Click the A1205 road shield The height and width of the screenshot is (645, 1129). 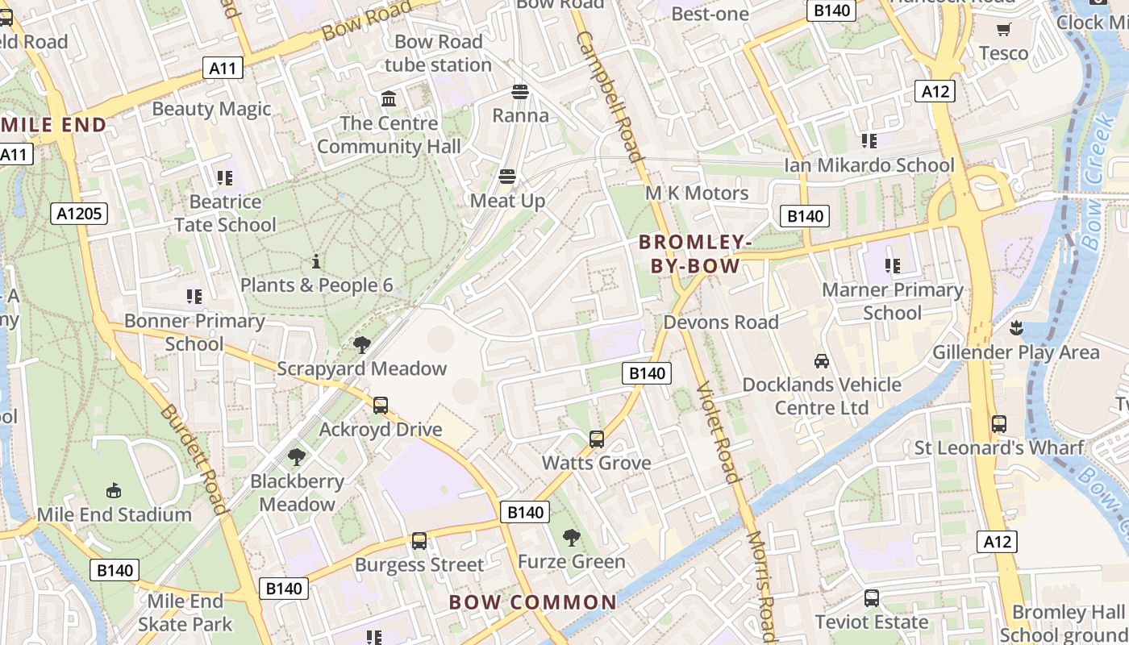pyautogui.click(x=79, y=214)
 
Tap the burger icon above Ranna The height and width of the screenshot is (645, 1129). pyautogui.click(x=520, y=92)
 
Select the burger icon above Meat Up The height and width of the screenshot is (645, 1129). pyautogui.click(x=507, y=177)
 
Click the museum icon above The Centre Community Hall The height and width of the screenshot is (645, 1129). pyautogui.click(x=389, y=99)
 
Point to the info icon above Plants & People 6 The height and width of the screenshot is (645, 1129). pyautogui.click(x=316, y=261)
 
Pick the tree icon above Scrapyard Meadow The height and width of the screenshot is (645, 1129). pyautogui.click(x=361, y=345)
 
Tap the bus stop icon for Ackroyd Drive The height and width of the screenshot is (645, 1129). pyautogui.click(x=381, y=406)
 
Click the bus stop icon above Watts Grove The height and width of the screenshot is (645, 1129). pyautogui.click(x=597, y=439)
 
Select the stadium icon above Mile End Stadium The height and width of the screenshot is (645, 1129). pyautogui.click(x=114, y=491)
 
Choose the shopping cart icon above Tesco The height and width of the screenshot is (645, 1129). pyautogui.click(x=1003, y=30)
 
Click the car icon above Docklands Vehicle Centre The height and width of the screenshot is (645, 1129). pyautogui.click(x=822, y=361)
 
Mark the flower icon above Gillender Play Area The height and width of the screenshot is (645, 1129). pyautogui.click(x=1016, y=328)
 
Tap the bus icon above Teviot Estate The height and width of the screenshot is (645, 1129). pyautogui.click(x=872, y=598)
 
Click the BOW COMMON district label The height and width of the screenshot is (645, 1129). pyautogui.click(x=532, y=602)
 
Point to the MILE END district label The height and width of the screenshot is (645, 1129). pyautogui.click(x=53, y=125)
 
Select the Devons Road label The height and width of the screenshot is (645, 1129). pyautogui.click(x=721, y=322)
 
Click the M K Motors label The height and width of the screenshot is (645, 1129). pyautogui.click(x=697, y=193)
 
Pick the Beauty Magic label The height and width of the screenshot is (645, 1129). pyautogui.click(x=211, y=109)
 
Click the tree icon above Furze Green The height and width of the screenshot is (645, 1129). pyautogui.click(x=571, y=538)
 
